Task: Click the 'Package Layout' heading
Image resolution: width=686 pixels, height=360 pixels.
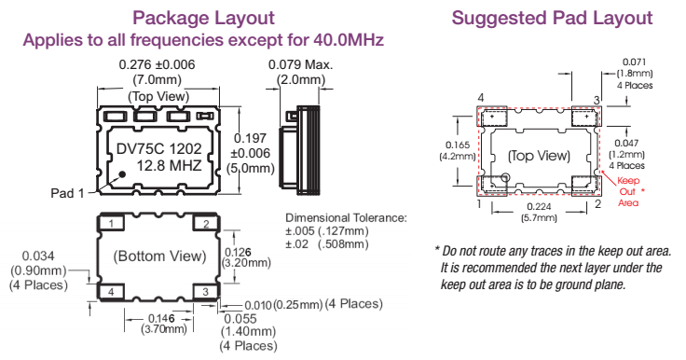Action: [x=203, y=19]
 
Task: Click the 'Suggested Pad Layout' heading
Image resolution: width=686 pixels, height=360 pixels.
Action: [x=552, y=19]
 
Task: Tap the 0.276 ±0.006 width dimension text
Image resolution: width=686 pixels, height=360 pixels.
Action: [x=158, y=64]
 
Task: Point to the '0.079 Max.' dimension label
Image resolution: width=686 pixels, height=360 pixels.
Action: [x=300, y=64]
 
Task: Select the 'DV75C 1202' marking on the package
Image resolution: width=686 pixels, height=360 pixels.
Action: [x=159, y=149]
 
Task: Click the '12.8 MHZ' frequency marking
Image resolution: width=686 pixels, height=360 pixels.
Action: [x=169, y=166]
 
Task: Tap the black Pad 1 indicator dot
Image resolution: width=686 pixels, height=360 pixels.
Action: [x=122, y=174]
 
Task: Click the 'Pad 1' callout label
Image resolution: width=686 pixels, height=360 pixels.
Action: [x=67, y=193]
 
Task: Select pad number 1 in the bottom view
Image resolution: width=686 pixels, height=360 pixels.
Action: [x=111, y=224]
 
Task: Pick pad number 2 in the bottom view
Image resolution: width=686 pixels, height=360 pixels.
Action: [x=206, y=224]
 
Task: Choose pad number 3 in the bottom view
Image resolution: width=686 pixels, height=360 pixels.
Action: [x=206, y=292]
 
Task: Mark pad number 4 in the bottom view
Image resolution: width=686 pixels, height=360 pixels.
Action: [x=111, y=292]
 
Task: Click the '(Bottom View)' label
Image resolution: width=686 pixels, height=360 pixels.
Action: [x=159, y=256]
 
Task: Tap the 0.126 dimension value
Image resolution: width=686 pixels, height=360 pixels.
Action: [x=239, y=252]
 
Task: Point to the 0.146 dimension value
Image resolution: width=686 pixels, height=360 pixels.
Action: [x=161, y=318]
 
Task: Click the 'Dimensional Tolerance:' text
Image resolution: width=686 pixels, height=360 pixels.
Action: [x=346, y=217]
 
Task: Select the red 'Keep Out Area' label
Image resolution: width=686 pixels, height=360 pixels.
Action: [x=628, y=191]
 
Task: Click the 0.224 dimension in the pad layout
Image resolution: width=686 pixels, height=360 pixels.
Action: [x=539, y=207]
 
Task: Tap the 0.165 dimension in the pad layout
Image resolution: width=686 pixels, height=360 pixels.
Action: [x=458, y=145]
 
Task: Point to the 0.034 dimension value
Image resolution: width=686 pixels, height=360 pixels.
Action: [x=38, y=256]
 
